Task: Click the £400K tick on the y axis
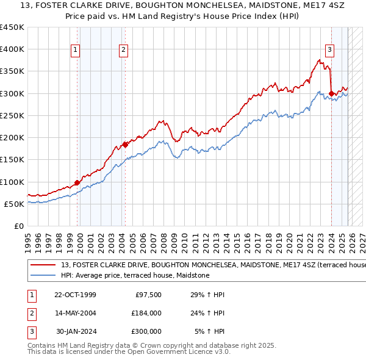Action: click(x=12, y=49)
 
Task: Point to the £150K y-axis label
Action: click(x=12, y=160)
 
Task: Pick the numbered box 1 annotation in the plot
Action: click(x=76, y=50)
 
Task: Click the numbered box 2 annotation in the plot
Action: click(x=123, y=50)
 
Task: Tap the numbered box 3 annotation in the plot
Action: click(x=329, y=50)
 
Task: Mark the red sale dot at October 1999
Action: click(x=77, y=182)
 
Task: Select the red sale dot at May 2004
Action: click(x=125, y=145)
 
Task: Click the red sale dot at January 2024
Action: click(x=331, y=93)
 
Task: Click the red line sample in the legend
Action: click(x=43, y=265)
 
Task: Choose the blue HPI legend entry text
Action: click(x=135, y=275)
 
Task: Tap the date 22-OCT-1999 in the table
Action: click(x=76, y=295)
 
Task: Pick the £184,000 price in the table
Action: click(x=146, y=313)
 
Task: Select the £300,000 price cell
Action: click(x=146, y=331)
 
